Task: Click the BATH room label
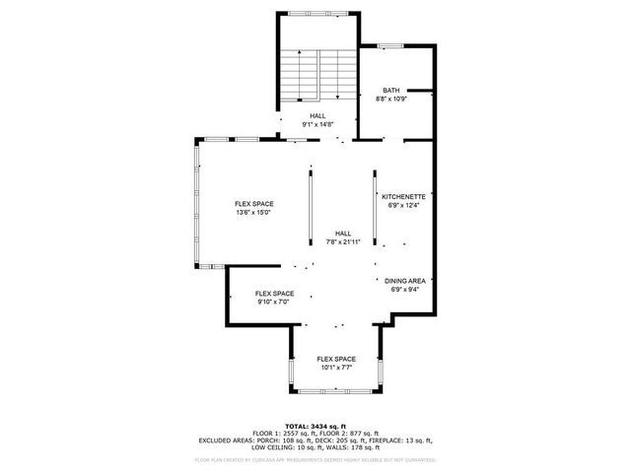[391, 91]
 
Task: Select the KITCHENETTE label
[403, 196]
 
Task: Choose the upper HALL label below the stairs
[317, 115]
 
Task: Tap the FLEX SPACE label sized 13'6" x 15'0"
[253, 204]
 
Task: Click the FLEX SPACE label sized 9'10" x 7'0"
[275, 294]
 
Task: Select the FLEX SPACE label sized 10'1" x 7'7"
[336, 359]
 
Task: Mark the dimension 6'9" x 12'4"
[403, 205]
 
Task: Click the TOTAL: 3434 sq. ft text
[315, 425]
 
